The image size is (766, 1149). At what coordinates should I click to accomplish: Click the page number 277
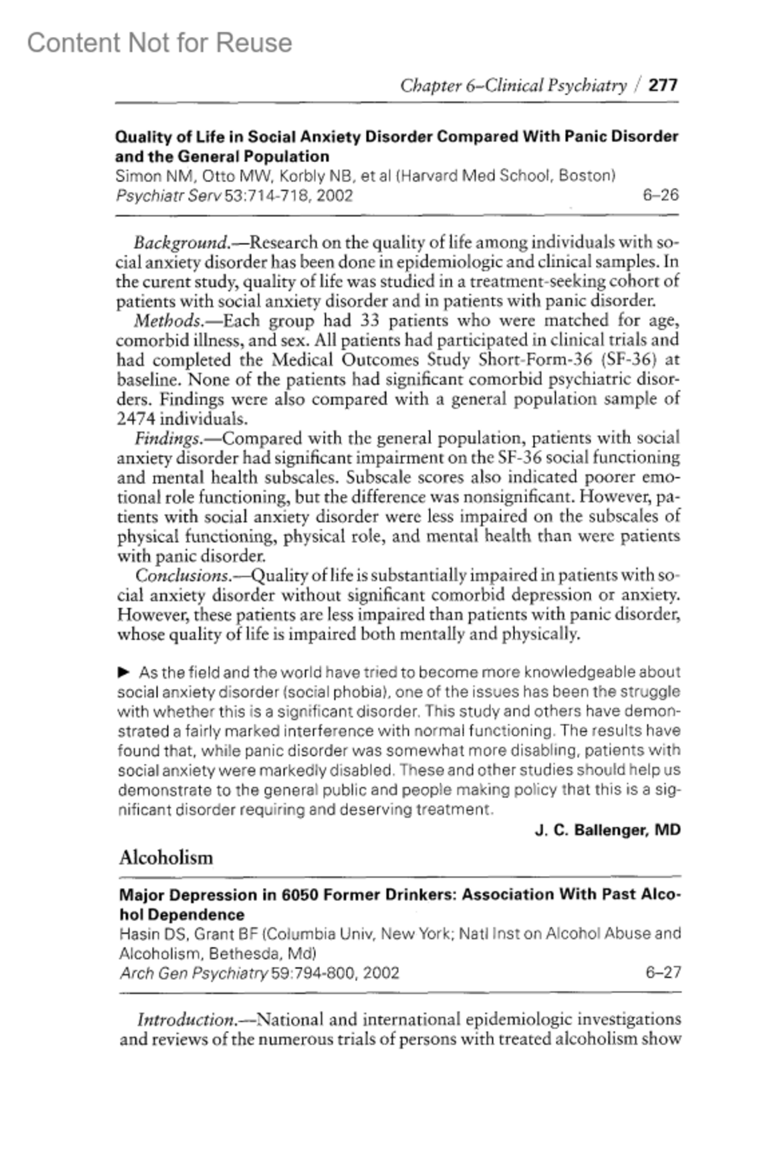[x=663, y=85]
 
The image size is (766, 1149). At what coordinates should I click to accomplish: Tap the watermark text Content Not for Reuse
[x=160, y=43]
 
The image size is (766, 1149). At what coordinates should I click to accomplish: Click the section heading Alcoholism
[x=166, y=857]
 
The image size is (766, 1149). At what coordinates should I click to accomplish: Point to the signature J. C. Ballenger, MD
[x=607, y=830]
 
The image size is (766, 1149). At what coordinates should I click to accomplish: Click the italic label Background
[x=179, y=242]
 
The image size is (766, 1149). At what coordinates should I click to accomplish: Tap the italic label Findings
[x=167, y=438]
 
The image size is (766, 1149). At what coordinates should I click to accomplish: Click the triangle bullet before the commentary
[x=124, y=672]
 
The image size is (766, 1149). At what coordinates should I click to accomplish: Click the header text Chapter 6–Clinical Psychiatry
[x=513, y=85]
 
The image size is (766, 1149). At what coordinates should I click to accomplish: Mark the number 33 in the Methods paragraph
[x=371, y=320]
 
